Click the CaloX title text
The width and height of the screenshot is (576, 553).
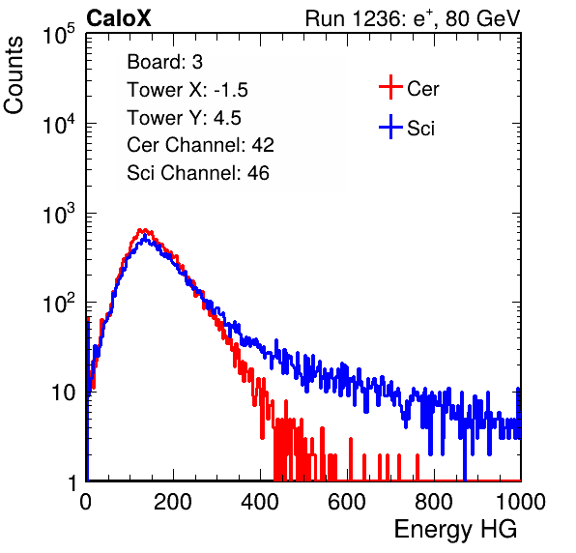click(118, 18)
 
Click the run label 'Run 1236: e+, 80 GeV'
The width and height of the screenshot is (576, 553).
click(413, 18)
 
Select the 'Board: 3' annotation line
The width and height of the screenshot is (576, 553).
click(164, 62)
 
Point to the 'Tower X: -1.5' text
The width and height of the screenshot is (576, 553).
click(187, 90)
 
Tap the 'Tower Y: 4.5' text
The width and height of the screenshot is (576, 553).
click(184, 118)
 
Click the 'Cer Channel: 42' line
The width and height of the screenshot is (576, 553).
click(200, 145)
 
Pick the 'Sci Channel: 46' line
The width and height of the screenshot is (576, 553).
click(198, 173)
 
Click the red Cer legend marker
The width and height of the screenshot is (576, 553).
click(390, 87)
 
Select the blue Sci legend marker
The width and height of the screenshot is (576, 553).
click(390, 127)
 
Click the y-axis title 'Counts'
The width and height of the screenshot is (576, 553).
click(14, 75)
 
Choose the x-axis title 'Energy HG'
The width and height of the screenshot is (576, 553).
click(455, 530)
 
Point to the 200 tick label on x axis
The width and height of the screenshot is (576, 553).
click(173, 502)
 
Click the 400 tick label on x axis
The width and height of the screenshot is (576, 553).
click(260, 502)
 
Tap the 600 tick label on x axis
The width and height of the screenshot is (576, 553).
click(347, 502)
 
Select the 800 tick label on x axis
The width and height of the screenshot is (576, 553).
click(434, 502)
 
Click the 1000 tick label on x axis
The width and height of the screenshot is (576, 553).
click(521, 502)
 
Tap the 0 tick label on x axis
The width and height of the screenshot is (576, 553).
click(86, 502)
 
